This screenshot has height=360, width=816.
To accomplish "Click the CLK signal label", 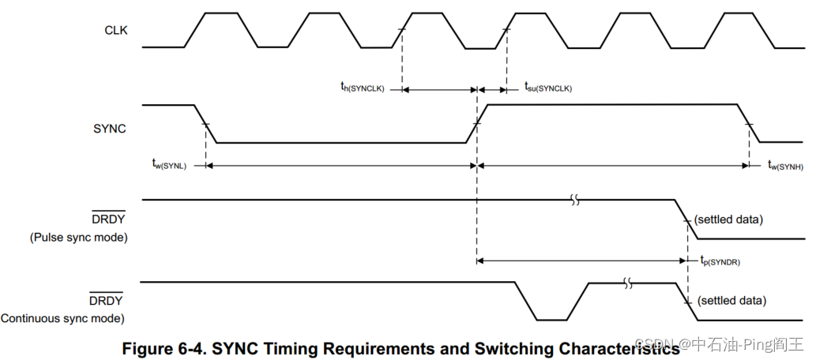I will tap(115, 31).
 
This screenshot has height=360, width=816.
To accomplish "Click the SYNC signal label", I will tap(110, 127).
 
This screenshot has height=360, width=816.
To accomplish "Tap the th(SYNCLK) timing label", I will tap(357, 88).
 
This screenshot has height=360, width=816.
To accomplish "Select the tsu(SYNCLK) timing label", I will tap(547, 88).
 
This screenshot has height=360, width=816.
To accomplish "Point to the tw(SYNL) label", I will tap(169, 164).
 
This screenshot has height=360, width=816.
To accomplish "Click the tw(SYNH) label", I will tap(785, 164).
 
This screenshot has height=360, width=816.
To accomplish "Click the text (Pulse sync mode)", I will tap(78, 237).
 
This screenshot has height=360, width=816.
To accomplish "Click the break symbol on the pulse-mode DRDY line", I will tap(576, 201).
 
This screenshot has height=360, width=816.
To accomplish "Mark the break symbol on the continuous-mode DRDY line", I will tap(629, 283).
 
